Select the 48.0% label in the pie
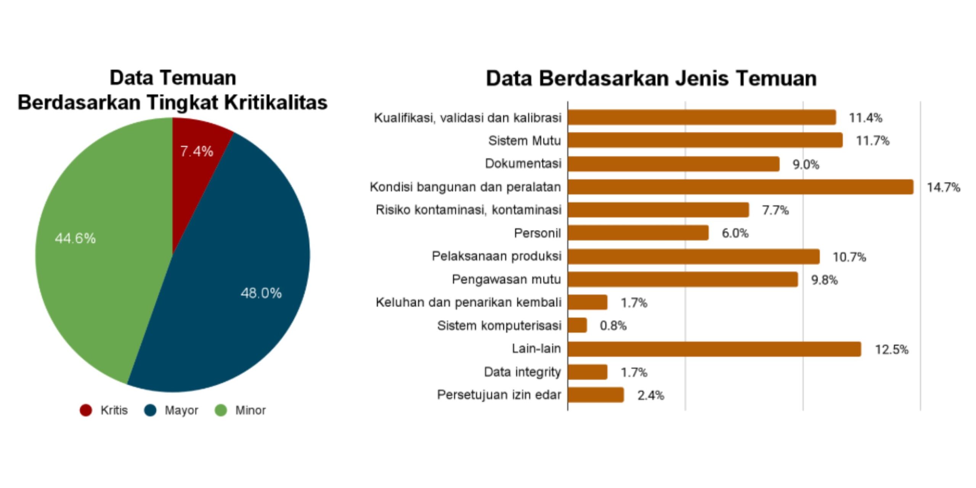pos(261,293)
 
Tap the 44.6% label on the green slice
pos(75,238)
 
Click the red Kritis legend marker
pos(86,410)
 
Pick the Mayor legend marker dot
pos(150,410)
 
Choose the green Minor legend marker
pos(221,410)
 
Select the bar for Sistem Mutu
pos(705,140)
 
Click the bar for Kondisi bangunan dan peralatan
pos(740,187)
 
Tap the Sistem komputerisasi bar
pos(577,325)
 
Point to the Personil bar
pos(638,233)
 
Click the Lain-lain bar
pos(714,349)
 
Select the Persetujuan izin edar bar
pos(596,395)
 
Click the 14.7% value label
pos(943,187)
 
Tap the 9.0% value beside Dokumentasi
pos(806,164)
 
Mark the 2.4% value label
pos(650,395)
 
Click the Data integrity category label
pos(522,372)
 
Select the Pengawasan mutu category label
pos(506,279)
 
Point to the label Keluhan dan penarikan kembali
pos(469,302)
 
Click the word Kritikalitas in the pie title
pos(275,102)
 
